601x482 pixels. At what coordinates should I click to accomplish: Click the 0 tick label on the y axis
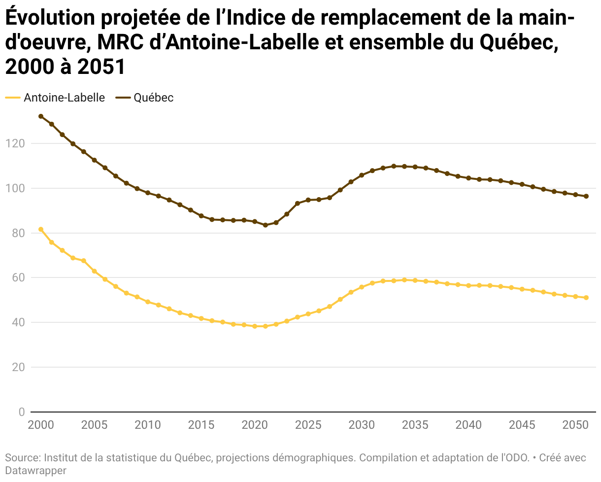[x=21, y=412]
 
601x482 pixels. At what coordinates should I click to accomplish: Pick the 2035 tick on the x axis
[x=415, y=425]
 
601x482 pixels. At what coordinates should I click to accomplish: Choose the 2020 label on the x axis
[x=254, y=425]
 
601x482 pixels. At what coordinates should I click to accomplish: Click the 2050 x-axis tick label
[x=575, y=425]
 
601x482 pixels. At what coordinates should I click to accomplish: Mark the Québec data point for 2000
[x=41, y=116]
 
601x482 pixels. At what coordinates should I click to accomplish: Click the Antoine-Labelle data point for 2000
[x=41, y=229]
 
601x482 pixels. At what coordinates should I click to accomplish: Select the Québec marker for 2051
[x=586, y=196]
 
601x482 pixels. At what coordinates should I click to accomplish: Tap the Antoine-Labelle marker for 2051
[x=586, y=298]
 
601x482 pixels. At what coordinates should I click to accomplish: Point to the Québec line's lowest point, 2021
[x=266, y=225]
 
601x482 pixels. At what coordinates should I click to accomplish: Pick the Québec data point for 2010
[x=148, y=193]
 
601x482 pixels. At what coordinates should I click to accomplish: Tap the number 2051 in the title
[x=101, y=67]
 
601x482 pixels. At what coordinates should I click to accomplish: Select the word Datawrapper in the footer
[x=35, y=471]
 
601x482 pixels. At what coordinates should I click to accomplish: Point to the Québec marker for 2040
[x=468, y=178]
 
